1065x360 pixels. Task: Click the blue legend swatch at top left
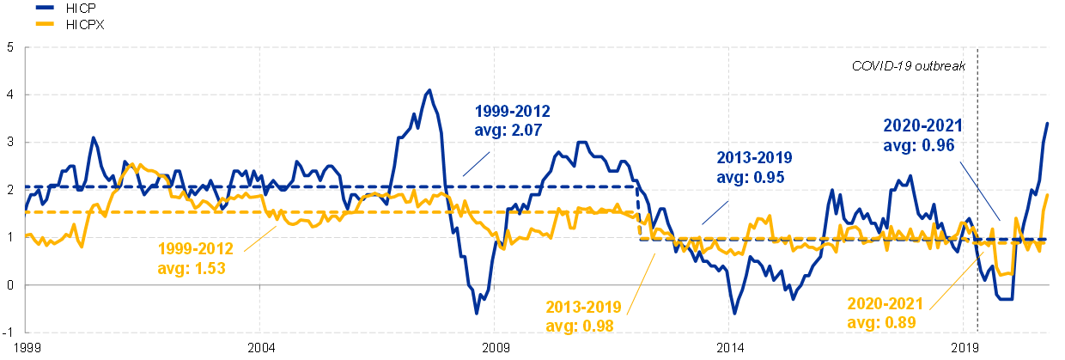45,7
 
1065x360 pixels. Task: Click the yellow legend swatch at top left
45,23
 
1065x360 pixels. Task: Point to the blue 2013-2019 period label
754,158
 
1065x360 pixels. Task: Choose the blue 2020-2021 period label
923,126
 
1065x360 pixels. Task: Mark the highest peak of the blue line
429,90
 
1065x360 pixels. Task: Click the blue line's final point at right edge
1048,123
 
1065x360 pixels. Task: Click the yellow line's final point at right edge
1048,196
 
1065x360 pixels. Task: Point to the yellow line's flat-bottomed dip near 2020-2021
1004,274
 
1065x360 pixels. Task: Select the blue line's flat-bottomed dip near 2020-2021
1005,299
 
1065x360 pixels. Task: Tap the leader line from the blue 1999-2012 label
476,164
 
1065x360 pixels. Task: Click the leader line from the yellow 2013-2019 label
641,276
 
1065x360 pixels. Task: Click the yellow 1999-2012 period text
195,249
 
